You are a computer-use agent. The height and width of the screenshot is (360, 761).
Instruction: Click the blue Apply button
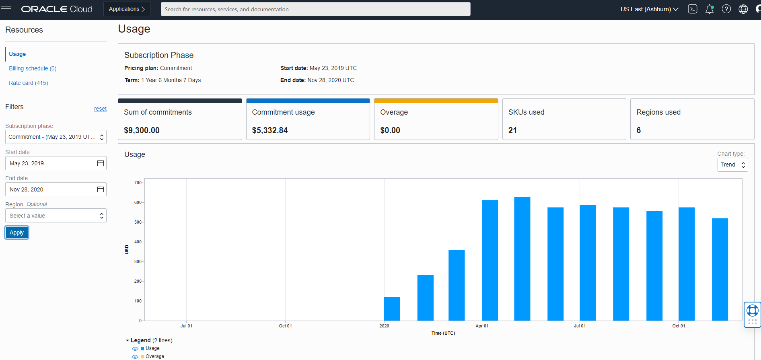(x=16, y=232)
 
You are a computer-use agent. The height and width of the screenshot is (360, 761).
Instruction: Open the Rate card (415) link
(x=29, y=83)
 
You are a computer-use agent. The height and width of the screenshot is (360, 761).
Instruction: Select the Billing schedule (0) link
(x=33, y=68)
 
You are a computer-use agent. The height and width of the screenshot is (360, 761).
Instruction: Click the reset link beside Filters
(x=100, y=109)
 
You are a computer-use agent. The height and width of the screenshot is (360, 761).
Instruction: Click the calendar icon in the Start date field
(x=101, y=163)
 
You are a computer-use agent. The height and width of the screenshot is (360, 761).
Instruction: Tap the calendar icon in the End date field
(x=101, y=189)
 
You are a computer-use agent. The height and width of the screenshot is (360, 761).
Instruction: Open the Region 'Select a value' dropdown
(x=56, y=216)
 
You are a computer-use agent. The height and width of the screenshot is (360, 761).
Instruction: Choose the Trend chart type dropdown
(x=732, y=165)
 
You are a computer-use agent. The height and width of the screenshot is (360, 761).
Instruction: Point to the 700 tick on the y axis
(x=138, y=183)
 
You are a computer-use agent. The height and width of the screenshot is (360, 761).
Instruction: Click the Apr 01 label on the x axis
(x=482, y=326)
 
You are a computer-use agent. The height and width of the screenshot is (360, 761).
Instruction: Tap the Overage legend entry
(x=154, y=356)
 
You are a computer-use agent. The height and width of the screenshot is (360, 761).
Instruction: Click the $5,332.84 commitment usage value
(x=270, y=130)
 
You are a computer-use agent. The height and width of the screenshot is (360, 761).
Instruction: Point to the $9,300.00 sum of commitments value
(x=142, y=130)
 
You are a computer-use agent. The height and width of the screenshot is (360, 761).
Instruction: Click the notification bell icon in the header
(x=710, y=9)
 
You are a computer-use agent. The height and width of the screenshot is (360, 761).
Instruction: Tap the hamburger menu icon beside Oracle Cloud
(x=6, y=9)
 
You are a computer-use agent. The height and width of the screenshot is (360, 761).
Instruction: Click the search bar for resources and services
(x=315, y=9)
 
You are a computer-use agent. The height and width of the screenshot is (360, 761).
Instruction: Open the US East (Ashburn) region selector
(x=649, y=9)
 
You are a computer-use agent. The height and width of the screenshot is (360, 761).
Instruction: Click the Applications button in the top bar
(x=127, y=9)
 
